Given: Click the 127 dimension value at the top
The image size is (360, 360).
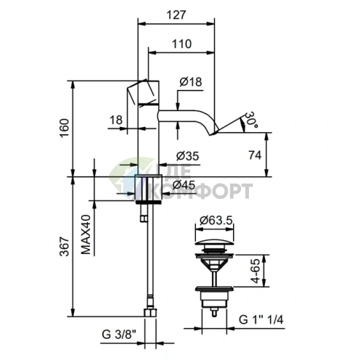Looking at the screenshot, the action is (x=176, y=15).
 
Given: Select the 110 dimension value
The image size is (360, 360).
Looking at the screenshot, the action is (x=181, y=44).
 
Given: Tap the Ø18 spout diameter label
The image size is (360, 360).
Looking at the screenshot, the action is (x=191, y=82).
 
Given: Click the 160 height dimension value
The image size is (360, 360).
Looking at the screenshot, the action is (x=65, y=128).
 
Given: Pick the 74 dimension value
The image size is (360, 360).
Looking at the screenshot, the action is (x=255, y=155).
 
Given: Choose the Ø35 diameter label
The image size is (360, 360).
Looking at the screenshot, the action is (x=187, y=156).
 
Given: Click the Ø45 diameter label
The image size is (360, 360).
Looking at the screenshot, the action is (x=184, y=185).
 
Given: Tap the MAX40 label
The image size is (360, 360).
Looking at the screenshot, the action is (x=86, y=234).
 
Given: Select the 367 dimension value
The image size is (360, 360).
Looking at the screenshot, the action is (x=65, y=246).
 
